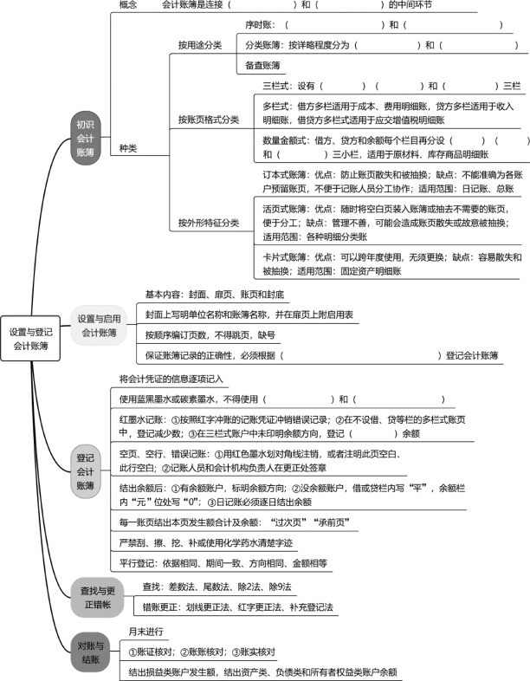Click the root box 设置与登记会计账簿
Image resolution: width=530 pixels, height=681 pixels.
[30, 338]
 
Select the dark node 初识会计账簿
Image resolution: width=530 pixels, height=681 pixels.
[86, 139]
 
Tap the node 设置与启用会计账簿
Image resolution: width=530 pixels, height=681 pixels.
[99, 326]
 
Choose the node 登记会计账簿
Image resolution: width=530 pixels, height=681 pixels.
[86, 471]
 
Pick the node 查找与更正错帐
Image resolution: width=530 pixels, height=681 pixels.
[98, 598]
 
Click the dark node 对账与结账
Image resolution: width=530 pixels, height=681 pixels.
[91, 652]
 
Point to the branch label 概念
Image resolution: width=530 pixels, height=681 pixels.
[128, 5]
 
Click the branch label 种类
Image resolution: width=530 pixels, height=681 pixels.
[128, 148]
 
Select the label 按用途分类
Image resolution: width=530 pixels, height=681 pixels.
[200, 45]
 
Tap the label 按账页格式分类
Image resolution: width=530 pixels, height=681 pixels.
[209, 120]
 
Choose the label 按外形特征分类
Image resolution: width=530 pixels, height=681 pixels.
[209, 223]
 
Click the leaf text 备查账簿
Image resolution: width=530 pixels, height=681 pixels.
[262, 66]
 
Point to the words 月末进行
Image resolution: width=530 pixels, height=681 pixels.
[145, 632]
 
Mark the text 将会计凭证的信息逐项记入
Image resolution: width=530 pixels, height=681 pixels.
[171, 379]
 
